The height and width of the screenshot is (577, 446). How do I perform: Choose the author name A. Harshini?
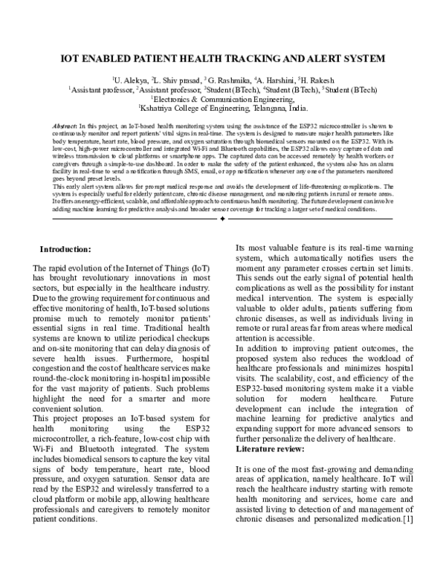pos(274,78)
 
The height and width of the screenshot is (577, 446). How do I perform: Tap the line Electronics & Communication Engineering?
pos(223,97)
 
